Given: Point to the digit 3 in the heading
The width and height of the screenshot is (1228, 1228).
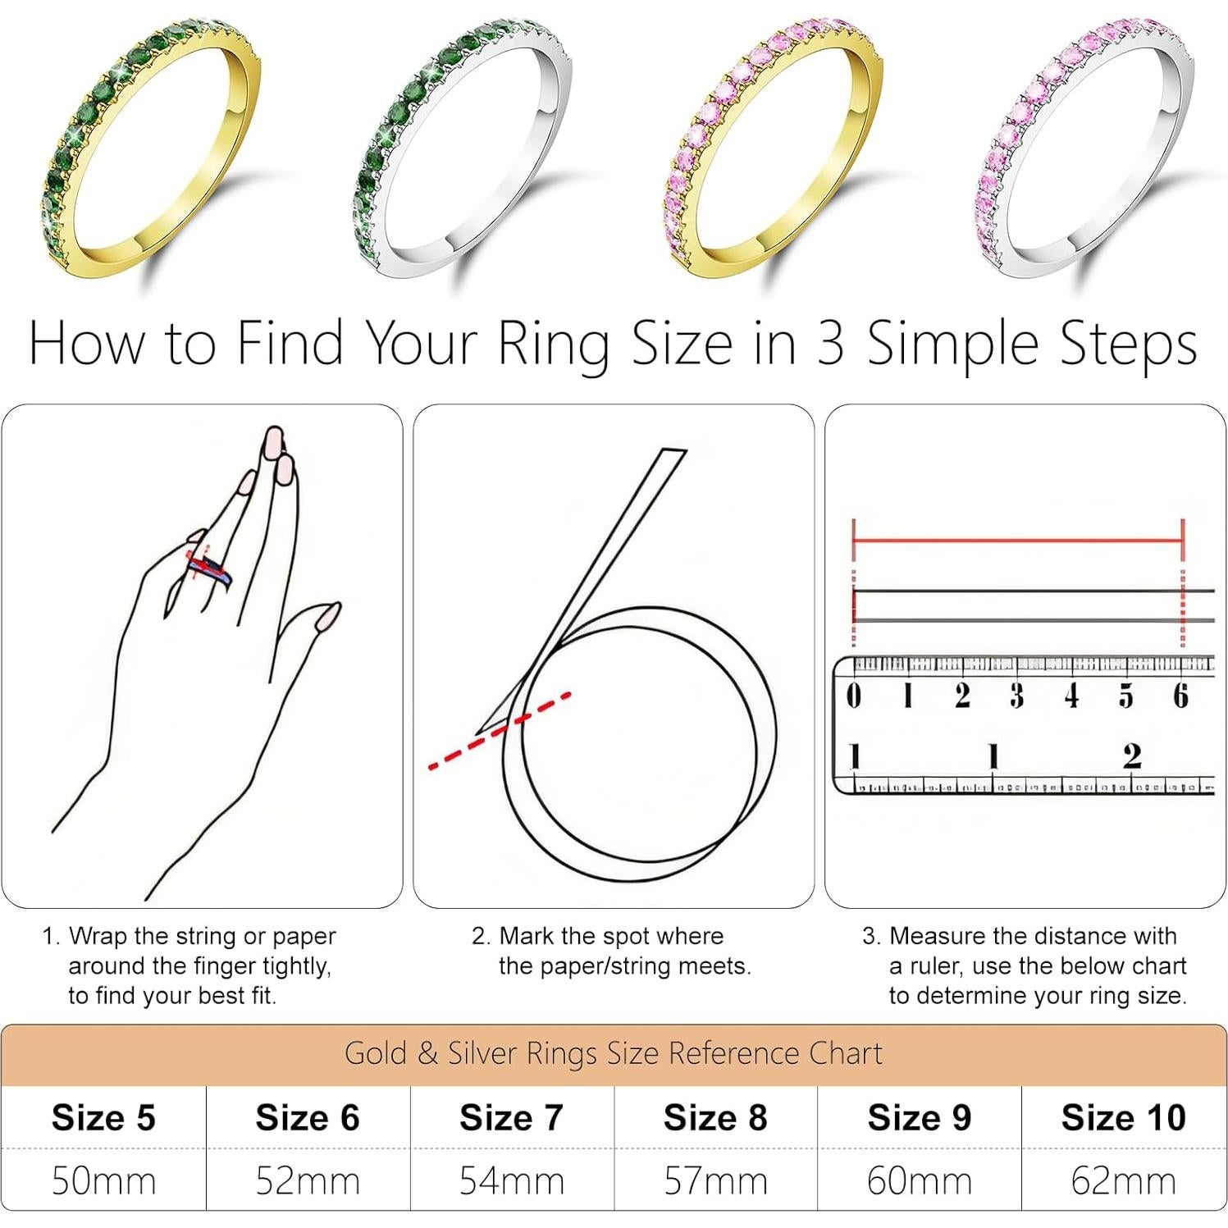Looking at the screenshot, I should click(830, 343).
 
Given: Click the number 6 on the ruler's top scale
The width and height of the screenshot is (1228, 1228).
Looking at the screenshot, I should click(1180, 696).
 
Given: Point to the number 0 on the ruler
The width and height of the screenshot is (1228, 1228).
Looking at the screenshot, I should click(854, 696).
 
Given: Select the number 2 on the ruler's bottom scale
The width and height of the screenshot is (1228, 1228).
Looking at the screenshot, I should click(1132, 756).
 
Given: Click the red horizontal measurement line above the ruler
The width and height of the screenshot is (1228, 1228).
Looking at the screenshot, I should click(1017, 541).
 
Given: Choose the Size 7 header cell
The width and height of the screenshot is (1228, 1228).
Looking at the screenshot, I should click(511, 1117).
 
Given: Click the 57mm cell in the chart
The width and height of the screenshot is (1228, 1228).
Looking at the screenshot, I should click(715, 1181).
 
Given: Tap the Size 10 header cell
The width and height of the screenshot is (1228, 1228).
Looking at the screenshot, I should click(1123, 1117).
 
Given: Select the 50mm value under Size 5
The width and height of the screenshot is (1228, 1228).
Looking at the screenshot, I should click(103, 1181).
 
